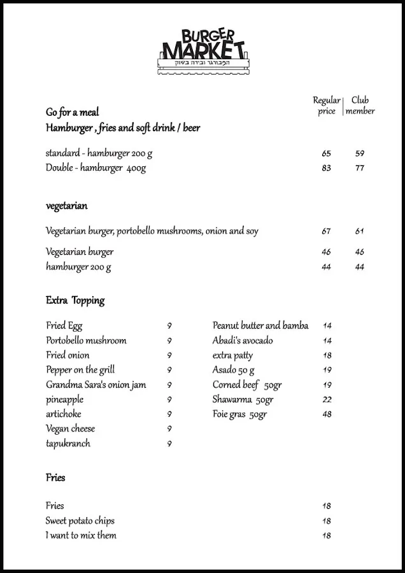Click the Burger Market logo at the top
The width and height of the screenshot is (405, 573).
pyautogui.click(x=202, y=51)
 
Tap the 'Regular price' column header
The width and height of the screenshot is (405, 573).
pyautogui.click(x=326, y=106)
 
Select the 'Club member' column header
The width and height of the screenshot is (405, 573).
pyautogui.click(x=360, y=106)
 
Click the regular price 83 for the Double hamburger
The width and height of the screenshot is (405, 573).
pyautogui.click(x=326, y=169)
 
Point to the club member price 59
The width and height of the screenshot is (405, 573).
pyautogui.click(x=360, y=153)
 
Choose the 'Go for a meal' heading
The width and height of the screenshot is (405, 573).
pyautogui.click(x=73, y=112)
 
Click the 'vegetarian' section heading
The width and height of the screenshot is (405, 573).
pyautogui.click(x=67, y=206)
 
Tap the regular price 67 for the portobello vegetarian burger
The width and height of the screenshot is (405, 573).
pyautogui.click(x=326, y=232)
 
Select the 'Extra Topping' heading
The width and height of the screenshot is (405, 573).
pyautogui.click(x=75, y=301)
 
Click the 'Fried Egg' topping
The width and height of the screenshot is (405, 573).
pyautogui.click(x=64, y=326)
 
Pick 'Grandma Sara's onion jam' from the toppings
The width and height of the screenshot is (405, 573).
pyautogui.click(x=96, y=385)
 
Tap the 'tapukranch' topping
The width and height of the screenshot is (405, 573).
pyautogui.click(x=68, y=444)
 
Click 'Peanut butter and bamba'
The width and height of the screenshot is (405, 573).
pyautogui.click(x=260, y=326)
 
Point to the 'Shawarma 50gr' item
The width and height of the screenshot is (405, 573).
pyautogui.click(x=243, y=400)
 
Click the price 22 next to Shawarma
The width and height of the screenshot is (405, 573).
pyautogui.click(x=327, y=400)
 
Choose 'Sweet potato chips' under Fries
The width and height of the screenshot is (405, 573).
pyautogui.click(x=80, y=521)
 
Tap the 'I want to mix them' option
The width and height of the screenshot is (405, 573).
pyautogui.click(x=81, y=535)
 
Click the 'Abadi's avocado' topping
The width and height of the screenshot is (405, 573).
pyautogui.click(x=243, y=341)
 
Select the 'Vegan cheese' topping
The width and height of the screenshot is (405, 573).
pyautogui.click(x=71, y=429)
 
